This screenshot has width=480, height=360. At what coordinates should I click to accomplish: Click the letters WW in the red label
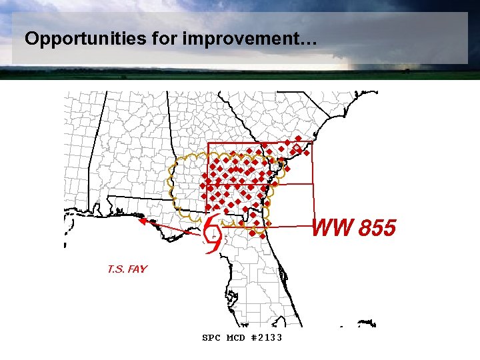click(x=333, y=229)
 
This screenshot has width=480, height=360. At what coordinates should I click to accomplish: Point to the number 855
click(x=377, y=229)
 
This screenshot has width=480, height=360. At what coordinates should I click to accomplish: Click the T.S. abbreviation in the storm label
click(x=116, y=269)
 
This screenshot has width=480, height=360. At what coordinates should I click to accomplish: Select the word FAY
click(x=137, y=269)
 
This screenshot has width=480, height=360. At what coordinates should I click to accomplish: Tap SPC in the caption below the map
click(x=211, y=338)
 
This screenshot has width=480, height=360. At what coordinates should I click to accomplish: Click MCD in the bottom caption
click(x=236, y=338)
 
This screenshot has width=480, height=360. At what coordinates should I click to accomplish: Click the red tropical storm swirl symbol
click(x=212, y=235)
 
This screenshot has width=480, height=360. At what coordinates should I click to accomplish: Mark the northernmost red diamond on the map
click(x=297, y=139)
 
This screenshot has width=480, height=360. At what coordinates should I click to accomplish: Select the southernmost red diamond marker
click(x=263, y=235)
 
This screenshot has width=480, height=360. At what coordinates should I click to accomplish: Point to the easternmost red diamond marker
click(x=307, y=153)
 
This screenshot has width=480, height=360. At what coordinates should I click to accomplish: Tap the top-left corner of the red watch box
click(x=208, y=143)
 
